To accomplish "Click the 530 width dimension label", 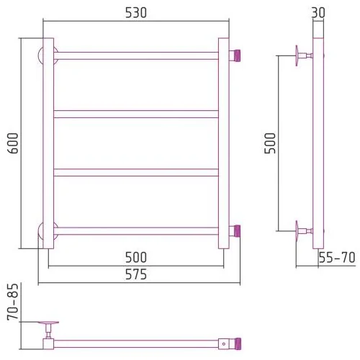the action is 136,13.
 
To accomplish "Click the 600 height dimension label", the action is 13,143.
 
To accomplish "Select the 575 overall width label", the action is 136,274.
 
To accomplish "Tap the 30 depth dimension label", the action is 318,12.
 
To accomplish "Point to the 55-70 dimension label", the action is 337,258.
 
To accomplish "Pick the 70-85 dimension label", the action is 13,302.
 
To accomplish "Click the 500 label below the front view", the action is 136,257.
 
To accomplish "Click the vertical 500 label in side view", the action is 270,143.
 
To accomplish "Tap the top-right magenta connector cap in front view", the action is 237,55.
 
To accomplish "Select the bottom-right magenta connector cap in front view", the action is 237,230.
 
